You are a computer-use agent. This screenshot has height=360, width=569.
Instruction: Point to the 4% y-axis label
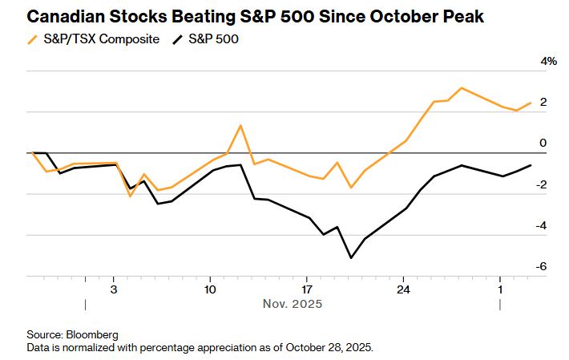click(548, 62)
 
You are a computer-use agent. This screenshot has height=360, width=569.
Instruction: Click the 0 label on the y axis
click(543, 144)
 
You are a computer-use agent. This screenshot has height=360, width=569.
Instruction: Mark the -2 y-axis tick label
click(543, 184)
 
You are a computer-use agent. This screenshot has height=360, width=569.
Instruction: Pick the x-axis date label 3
click(113, 289)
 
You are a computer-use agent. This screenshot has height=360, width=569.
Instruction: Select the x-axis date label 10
click(210, 289)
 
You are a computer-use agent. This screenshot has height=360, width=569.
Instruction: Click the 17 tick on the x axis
click(306, 289)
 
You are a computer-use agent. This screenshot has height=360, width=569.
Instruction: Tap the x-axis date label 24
click(403, 289)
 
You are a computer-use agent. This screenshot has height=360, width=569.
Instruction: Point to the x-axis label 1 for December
click(500, 289)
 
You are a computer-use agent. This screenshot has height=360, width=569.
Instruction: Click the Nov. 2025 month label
click(293, 304)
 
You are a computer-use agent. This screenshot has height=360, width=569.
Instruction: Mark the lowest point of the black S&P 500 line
click(351, 257)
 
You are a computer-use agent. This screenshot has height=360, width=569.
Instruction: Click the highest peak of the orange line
click(462, 88)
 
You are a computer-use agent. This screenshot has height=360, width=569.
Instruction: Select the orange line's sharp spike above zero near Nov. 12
click(240, 126)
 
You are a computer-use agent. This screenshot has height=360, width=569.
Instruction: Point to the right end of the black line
click(530, 165)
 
